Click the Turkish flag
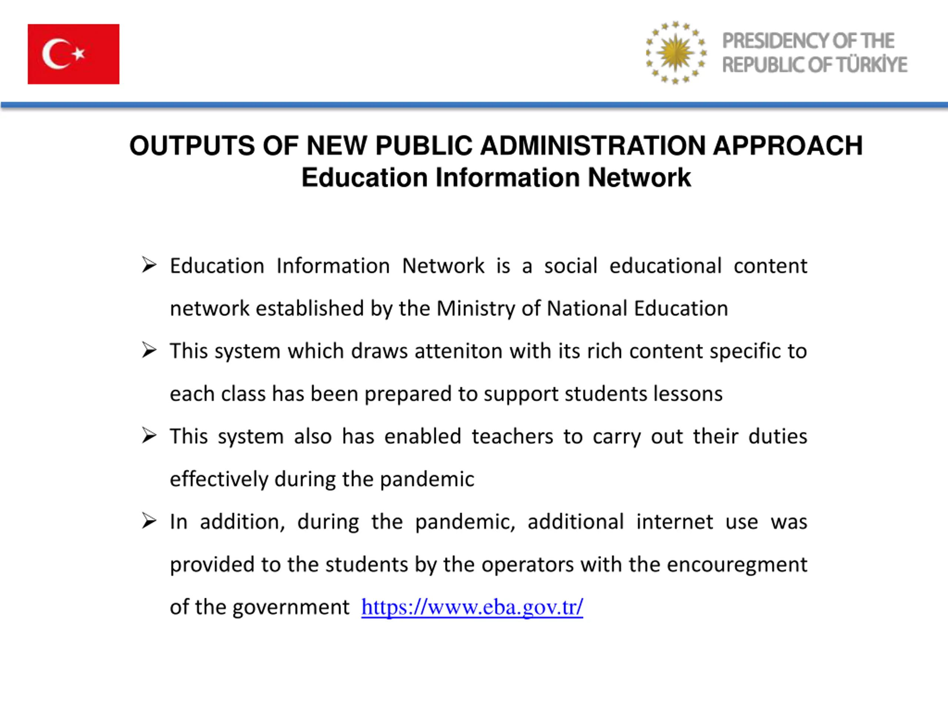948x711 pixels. [73, 54]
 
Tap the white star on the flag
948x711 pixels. [79, 54]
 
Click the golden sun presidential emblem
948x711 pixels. [675, 53]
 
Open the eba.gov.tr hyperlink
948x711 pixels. [472, 607]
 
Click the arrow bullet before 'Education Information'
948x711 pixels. [149, 265]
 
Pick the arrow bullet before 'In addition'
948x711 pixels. [149, 521]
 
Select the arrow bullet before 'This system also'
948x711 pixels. [149, 436]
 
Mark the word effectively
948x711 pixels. [218, 479]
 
